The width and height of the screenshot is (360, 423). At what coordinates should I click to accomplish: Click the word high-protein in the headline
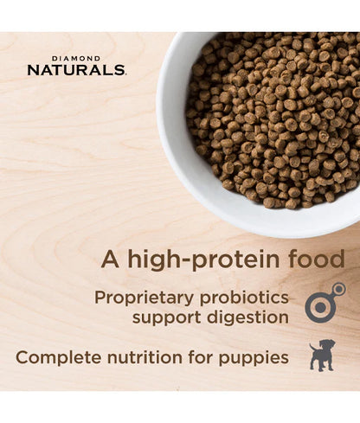click(207, 260)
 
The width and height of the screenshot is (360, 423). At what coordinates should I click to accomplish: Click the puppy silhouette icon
click(322, 356)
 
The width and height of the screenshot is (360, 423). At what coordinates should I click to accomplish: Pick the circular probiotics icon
click(323, 306)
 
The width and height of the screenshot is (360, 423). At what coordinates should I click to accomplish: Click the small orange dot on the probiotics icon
click(338, 290)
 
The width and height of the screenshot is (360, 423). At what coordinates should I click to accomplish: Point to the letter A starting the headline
click(108, 260)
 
